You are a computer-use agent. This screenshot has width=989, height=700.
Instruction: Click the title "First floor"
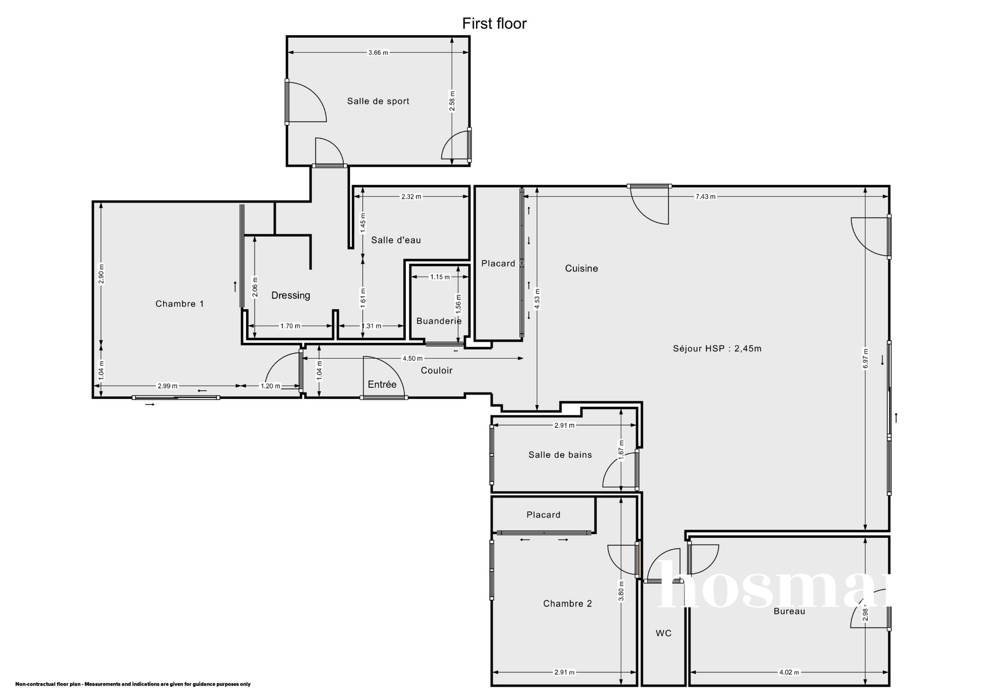pos(494,24)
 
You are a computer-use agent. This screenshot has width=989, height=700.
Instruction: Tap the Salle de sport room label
pos(378,101)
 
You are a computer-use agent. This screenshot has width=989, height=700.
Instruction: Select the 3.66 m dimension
pos(378,53)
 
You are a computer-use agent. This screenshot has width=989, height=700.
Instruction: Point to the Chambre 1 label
pos(180,304)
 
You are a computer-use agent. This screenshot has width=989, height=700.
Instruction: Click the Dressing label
pos(291,295)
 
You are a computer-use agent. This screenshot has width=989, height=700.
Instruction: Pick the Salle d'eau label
pos(396,240)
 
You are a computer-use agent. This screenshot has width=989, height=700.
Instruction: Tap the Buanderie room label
pos(439,321)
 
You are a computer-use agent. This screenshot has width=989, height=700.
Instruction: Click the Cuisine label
pos(582,268)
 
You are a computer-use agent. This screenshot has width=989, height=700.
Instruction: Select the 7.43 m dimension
pos(705,196)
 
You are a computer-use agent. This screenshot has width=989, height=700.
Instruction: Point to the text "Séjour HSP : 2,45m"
pos(717,348)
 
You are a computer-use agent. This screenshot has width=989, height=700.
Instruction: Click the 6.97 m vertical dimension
pos(865,358)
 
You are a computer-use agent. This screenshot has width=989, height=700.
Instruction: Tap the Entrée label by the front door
pos(382,385)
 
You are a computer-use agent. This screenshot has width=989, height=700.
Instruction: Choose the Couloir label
pos(437,371)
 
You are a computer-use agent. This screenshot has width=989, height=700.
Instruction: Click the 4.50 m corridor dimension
pos(413,358)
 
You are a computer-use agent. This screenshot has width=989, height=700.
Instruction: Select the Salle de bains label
pos(560,455)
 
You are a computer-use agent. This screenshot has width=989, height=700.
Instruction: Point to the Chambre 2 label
pos(568,604)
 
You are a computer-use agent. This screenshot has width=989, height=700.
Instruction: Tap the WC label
pos(663,633)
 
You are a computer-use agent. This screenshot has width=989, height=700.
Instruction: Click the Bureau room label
pos(789,611)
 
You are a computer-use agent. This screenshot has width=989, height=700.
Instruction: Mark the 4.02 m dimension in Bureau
pos(789,672)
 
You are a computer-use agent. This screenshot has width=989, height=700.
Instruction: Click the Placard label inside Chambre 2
pos(543,514)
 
